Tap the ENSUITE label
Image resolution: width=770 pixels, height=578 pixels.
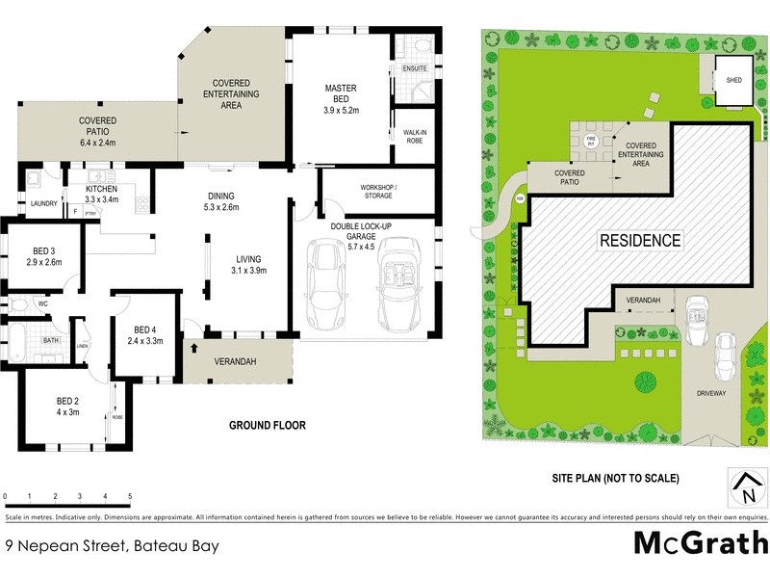415,68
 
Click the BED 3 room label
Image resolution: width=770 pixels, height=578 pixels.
44,256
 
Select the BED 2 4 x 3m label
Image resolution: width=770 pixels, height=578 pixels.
66,406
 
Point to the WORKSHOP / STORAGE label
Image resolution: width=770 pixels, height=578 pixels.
378,190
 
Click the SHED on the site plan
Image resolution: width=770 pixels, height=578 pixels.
734,80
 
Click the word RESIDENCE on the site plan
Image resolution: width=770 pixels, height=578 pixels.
641,240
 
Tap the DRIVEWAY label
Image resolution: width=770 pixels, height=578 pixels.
713,393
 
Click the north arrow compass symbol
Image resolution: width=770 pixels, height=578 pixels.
747,487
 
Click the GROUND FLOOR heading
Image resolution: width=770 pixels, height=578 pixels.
267,425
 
